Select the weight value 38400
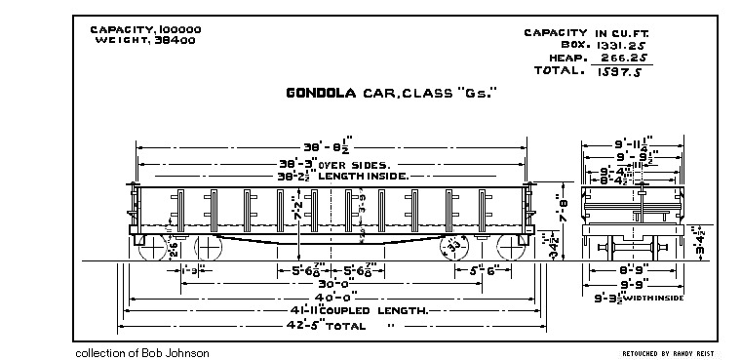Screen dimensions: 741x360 tap(175, 42)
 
